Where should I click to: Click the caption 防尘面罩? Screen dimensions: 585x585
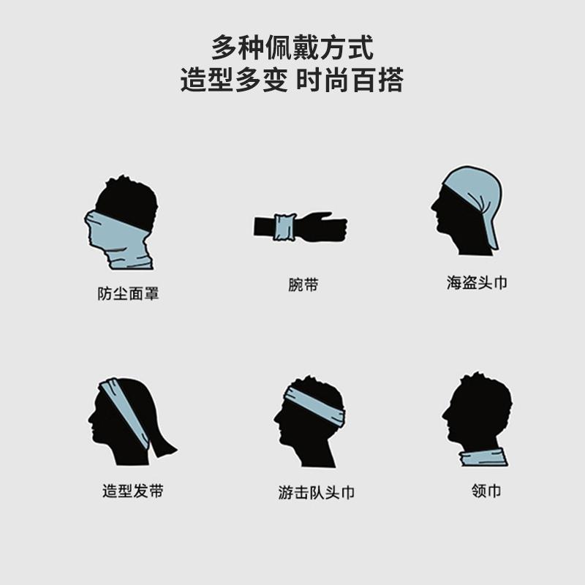coord(128,294)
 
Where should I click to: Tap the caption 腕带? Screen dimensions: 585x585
coord(303,284)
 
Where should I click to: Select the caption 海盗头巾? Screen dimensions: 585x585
coord(477,282)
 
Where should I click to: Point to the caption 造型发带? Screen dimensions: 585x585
coord(133,491)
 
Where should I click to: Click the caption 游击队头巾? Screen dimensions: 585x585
coord(316,492)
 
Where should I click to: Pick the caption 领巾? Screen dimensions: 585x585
coord(486,491)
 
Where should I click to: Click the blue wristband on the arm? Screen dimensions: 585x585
coord(284,227)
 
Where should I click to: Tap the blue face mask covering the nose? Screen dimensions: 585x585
coord(116,239)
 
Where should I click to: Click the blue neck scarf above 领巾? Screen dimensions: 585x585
coord(483,457)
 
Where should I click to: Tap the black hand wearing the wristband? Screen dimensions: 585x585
coord(322,227)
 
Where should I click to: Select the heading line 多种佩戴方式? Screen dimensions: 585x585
coord(292,48)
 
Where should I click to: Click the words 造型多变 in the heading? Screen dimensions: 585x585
coord(234,80)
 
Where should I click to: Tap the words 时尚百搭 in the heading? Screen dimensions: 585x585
coord(350,80)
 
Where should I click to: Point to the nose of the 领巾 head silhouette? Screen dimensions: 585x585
coord(445,414)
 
